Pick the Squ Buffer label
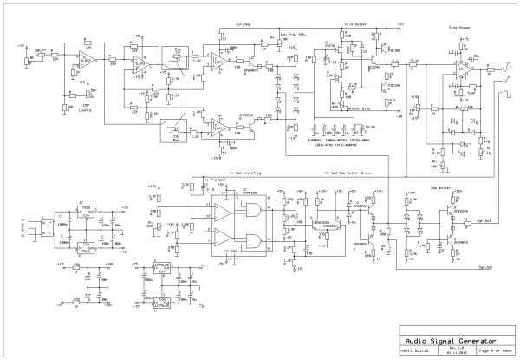coord(415,186)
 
